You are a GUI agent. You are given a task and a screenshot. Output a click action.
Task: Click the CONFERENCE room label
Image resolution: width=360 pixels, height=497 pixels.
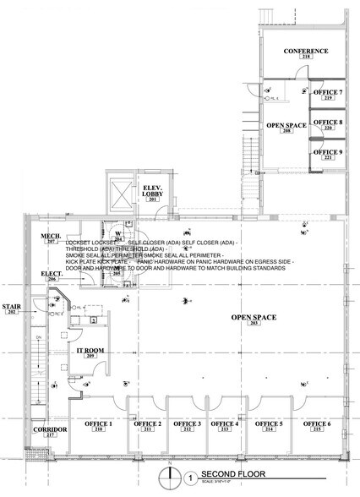click(305, 52)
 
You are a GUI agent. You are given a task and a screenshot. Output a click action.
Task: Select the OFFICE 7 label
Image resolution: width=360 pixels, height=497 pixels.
click(328, 92)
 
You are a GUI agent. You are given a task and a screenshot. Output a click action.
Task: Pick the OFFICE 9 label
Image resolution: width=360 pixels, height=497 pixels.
click(328, 151)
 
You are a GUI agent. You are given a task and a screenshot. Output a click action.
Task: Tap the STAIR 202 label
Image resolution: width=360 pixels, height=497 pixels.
click(12, 309)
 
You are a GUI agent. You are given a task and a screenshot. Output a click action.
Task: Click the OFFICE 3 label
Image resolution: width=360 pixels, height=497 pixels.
click(187, 423)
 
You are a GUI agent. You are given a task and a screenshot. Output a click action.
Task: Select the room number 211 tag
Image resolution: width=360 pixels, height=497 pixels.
click(149, 430)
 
